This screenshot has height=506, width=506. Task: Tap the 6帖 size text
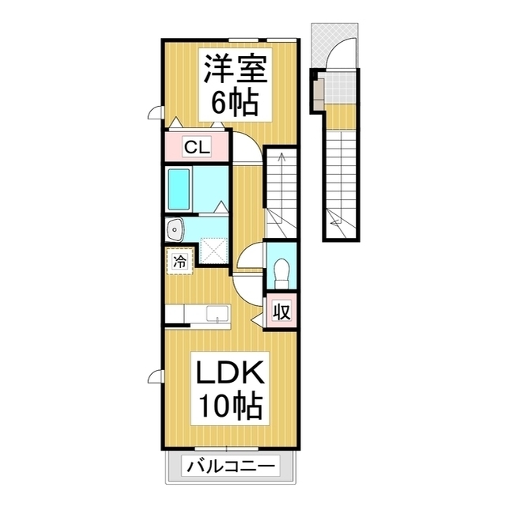233,101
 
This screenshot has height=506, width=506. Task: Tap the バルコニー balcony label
232,466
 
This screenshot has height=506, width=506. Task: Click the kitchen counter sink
216,315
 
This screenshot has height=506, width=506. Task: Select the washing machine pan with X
213,251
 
